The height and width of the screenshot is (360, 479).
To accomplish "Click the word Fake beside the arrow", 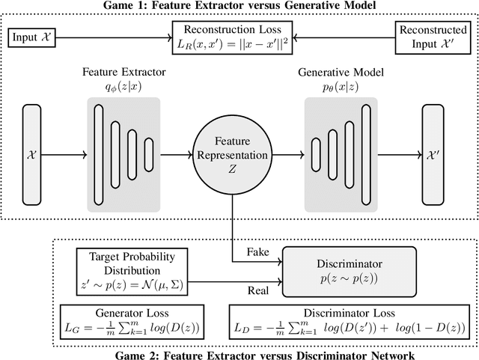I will [x=251, y=253].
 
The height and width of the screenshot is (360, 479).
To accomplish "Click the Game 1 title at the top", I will [x=239, y=6].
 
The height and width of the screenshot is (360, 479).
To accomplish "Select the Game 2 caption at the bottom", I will [x=239, y=353].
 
